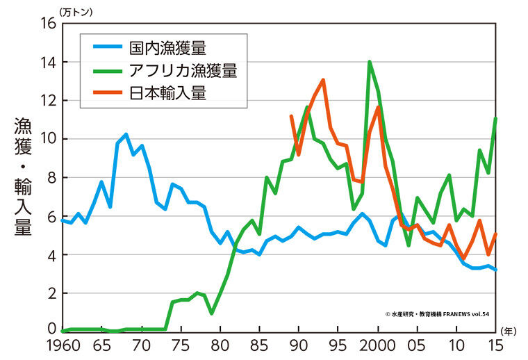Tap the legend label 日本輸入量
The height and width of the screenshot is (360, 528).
click(x=167, y=93)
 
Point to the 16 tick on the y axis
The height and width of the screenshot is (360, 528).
click(x=47, y=23)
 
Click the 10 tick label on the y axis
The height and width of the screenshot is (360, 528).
click(x=47, y=139)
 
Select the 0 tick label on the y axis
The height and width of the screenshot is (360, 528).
click(x=50, y=328)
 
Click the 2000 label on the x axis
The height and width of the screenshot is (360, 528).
click(x=379, y=345)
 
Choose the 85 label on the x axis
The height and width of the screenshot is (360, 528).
click(x=260, y=345)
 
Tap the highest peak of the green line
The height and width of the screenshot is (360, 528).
click(x=369, y=62)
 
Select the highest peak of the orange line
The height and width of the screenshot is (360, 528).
click(x=323, y=80)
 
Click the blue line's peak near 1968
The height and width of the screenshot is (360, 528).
click(x=126, y=134)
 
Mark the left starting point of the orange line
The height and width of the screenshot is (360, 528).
click(x=291, y=115)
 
